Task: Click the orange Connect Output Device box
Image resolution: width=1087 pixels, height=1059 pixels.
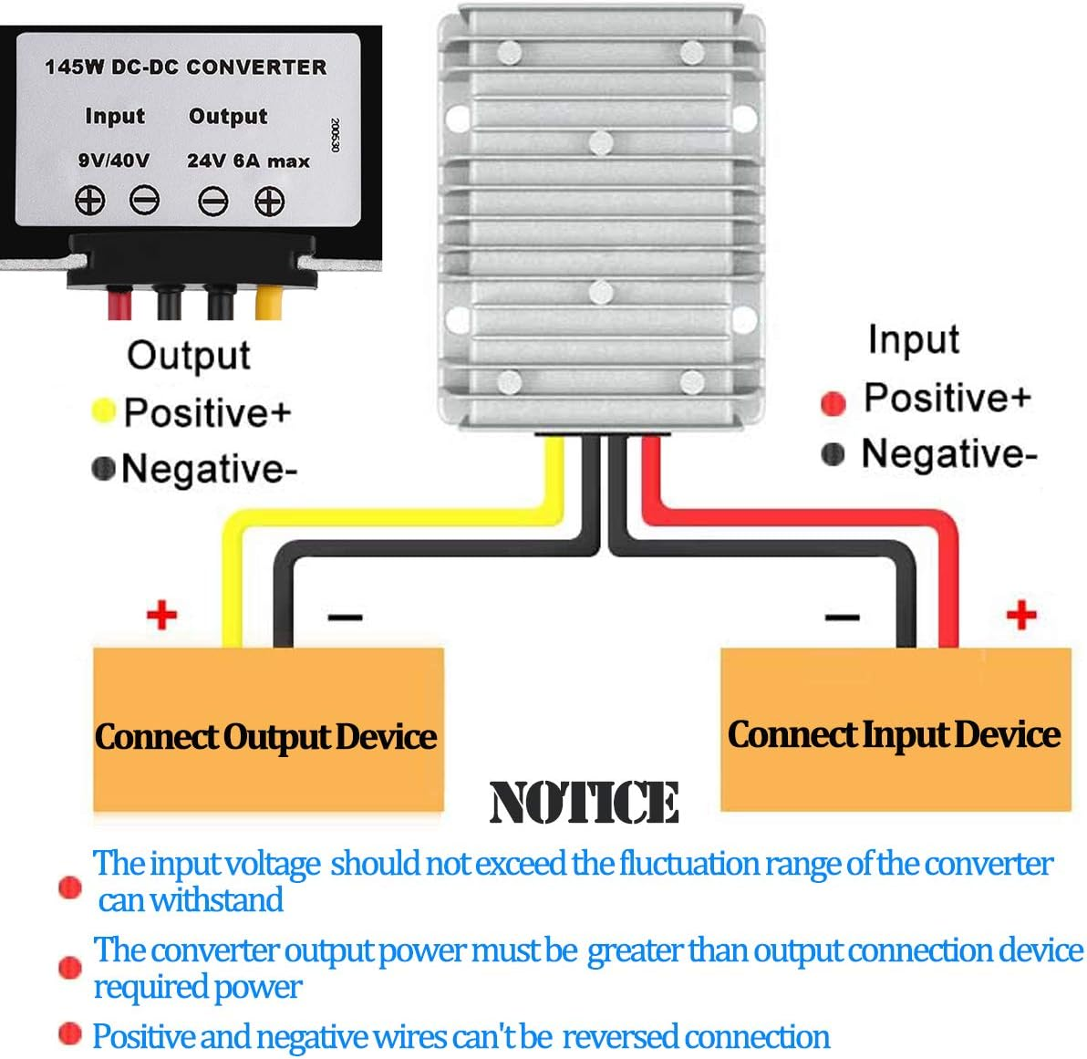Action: click(267, 730)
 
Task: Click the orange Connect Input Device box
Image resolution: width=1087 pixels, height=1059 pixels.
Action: click(895, 730)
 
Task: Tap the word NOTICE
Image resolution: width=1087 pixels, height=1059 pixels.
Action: click(584, 803)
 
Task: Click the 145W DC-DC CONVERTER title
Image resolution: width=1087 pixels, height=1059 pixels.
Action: click(185, 67)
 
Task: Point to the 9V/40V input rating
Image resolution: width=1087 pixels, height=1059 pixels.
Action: click(114, 161)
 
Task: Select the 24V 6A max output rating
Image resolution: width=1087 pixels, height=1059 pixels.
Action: click(248, 161)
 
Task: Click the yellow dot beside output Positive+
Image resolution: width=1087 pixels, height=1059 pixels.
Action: click(104, 411)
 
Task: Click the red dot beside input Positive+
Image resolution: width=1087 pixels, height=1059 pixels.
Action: click(833, 402)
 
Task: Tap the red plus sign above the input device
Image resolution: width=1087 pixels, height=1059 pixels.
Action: click(1021, 615)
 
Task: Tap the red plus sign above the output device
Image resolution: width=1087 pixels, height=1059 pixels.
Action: click(161, 615)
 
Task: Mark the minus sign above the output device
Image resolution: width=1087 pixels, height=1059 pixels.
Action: click(345, 618)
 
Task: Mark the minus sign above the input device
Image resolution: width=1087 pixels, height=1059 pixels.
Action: click(842, 618)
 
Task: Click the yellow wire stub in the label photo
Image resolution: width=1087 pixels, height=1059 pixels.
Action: click(267, 302)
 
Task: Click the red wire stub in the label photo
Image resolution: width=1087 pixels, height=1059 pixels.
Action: click(119, 302)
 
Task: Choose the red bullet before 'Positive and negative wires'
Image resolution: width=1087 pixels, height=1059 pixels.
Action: click(69, 1033)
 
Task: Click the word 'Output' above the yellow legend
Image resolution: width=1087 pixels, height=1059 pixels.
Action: click(188, 355)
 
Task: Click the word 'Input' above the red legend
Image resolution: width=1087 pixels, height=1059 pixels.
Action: click(913, 339)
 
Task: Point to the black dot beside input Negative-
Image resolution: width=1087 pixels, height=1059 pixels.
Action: click(833, 453)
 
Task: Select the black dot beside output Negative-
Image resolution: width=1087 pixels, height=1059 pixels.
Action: click(104, 468)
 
